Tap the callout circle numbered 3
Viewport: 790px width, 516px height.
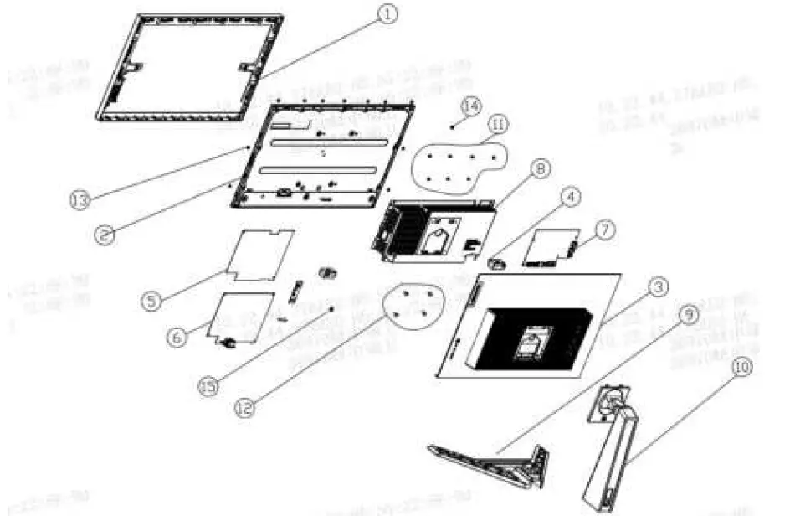click(x=660, y=287)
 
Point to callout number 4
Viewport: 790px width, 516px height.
click(x=570, y=198)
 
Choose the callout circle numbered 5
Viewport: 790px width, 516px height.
click(x=151, y=300)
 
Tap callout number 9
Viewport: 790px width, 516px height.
click(x=689, y=315)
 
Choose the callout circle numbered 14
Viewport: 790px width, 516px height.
click(x=471, y=106)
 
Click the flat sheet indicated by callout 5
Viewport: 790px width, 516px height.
click(x=261, y=253)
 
